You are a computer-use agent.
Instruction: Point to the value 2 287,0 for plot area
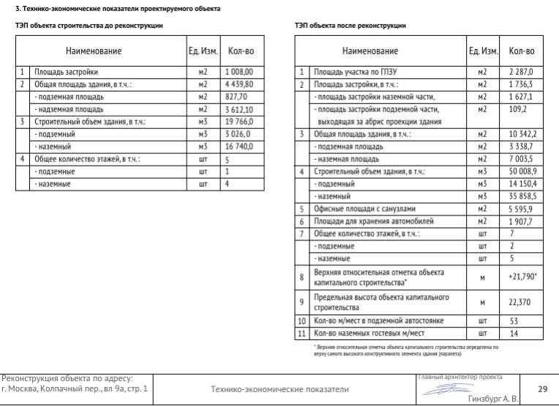(x=521, y=72)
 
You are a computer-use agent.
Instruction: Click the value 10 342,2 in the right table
(x=522, y=134)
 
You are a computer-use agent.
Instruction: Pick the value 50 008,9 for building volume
(x=522, y=171)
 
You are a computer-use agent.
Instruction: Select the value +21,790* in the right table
(x=522, y=276)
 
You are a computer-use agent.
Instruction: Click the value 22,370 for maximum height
(x=521, y=301)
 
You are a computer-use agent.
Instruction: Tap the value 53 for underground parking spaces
(x=514, y=321)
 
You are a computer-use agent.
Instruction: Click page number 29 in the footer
(x=542, y=389)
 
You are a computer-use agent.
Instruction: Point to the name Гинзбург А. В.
(x=492, y=398)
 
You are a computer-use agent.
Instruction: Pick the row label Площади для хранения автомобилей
(x=373, y=221)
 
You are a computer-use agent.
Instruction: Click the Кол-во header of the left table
(x=241, y=51)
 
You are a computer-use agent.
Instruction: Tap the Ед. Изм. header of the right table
(x=484, y=51)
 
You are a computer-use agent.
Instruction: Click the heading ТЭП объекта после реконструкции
(x=350, y=26)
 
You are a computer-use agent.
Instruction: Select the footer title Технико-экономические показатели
(x=279, y=389)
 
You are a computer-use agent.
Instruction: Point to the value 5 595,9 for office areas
(x=522, y=209)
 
